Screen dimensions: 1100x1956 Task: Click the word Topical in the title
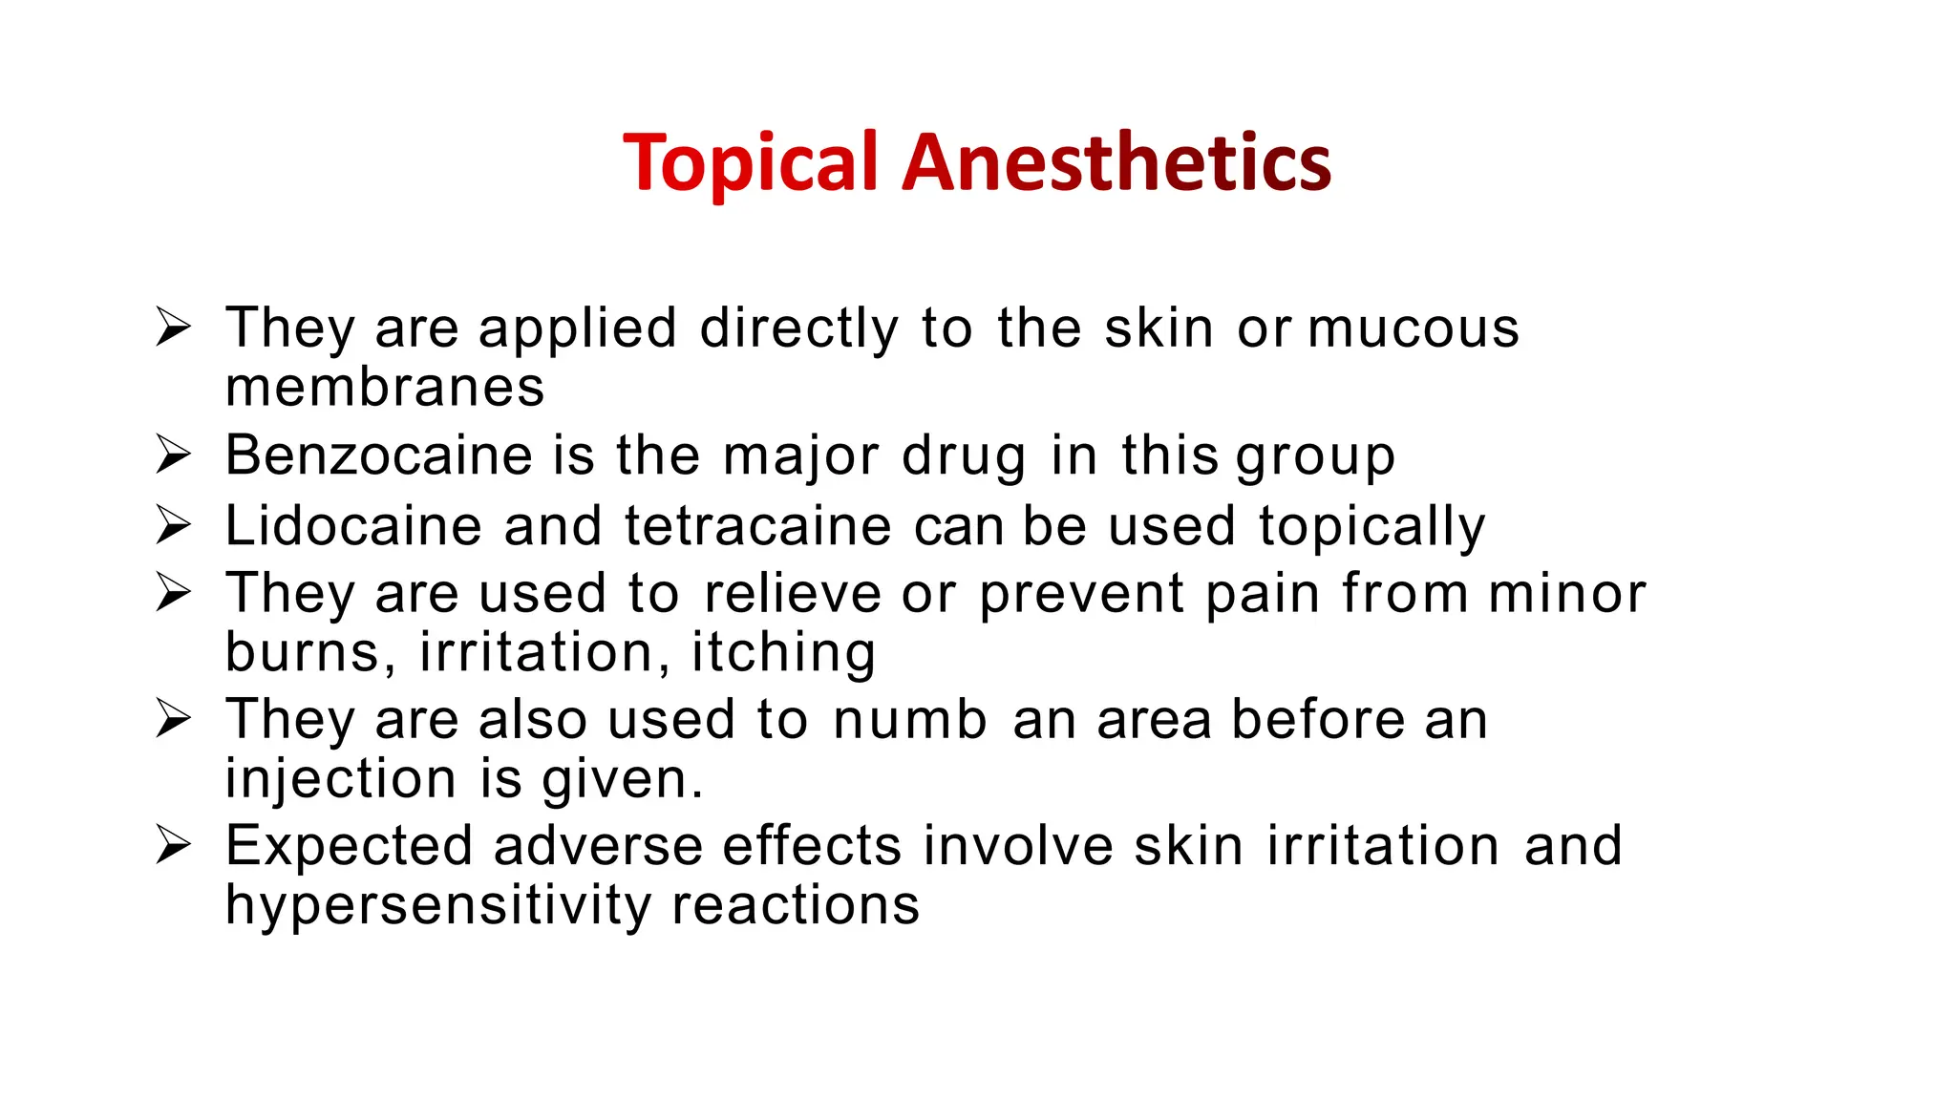click(750, 163)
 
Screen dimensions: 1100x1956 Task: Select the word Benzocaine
click(378, 455)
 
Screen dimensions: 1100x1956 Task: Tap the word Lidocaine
click(352, 526)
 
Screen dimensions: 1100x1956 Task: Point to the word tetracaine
click(757, 526)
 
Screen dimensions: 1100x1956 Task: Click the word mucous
click(1413, 329)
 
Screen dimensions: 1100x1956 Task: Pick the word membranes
click(385, 388)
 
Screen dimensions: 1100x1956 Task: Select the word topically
click(1371, 527)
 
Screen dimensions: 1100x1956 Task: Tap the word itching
click(783, 653)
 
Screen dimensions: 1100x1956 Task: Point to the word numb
click(909, 719)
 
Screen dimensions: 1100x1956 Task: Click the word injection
click(341, 779)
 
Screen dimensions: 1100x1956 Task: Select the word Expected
click(349, 847)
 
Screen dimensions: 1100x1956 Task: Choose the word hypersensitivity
click(437, 906)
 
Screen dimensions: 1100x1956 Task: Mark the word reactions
click(796, 905)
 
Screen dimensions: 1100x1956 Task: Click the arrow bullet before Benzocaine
click(174, 455)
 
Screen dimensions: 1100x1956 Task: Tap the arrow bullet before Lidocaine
click(174, 526)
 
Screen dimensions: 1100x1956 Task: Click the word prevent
click(1081, 595)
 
